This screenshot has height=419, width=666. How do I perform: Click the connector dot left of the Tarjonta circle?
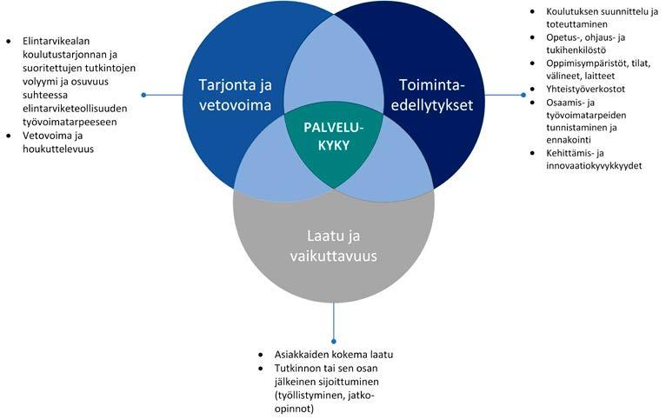[x=144, y=95]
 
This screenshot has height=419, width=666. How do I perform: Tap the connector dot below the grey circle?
[x=333, y=342]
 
